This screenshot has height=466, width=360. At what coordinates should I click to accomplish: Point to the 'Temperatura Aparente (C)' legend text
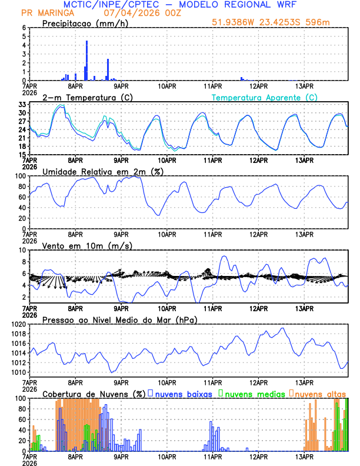[x=264, y=97]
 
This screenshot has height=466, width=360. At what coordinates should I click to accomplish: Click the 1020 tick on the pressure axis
[x=20, y=324]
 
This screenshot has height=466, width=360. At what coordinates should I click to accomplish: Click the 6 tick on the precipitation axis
[x=24, y=28]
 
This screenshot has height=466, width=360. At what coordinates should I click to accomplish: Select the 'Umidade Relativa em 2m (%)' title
[x=103, y=171]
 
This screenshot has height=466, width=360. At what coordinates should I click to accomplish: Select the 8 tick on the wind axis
[x=24, y=262]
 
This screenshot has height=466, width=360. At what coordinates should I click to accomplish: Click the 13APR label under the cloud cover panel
[x=305, y=457]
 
